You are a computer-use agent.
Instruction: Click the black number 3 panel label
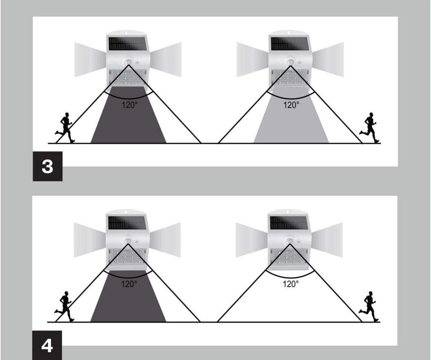click(48, 166)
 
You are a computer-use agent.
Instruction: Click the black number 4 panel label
click(47, 345)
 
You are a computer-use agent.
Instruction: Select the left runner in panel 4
click(64, 307)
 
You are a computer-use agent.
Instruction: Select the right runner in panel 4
click(369, 307)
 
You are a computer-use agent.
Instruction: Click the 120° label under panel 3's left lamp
click(130, 105)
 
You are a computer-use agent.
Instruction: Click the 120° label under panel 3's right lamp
click(291, 105)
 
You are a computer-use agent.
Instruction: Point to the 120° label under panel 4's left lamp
click(129, 284)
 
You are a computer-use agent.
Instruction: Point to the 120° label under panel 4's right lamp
click(291, 284)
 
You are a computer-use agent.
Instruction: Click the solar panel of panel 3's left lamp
click(127, 44)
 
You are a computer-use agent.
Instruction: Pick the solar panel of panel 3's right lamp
click(289, 44)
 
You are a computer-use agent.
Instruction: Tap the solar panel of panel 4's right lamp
click(288, 223)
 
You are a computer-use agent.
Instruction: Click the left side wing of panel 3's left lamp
click(90, 59)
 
